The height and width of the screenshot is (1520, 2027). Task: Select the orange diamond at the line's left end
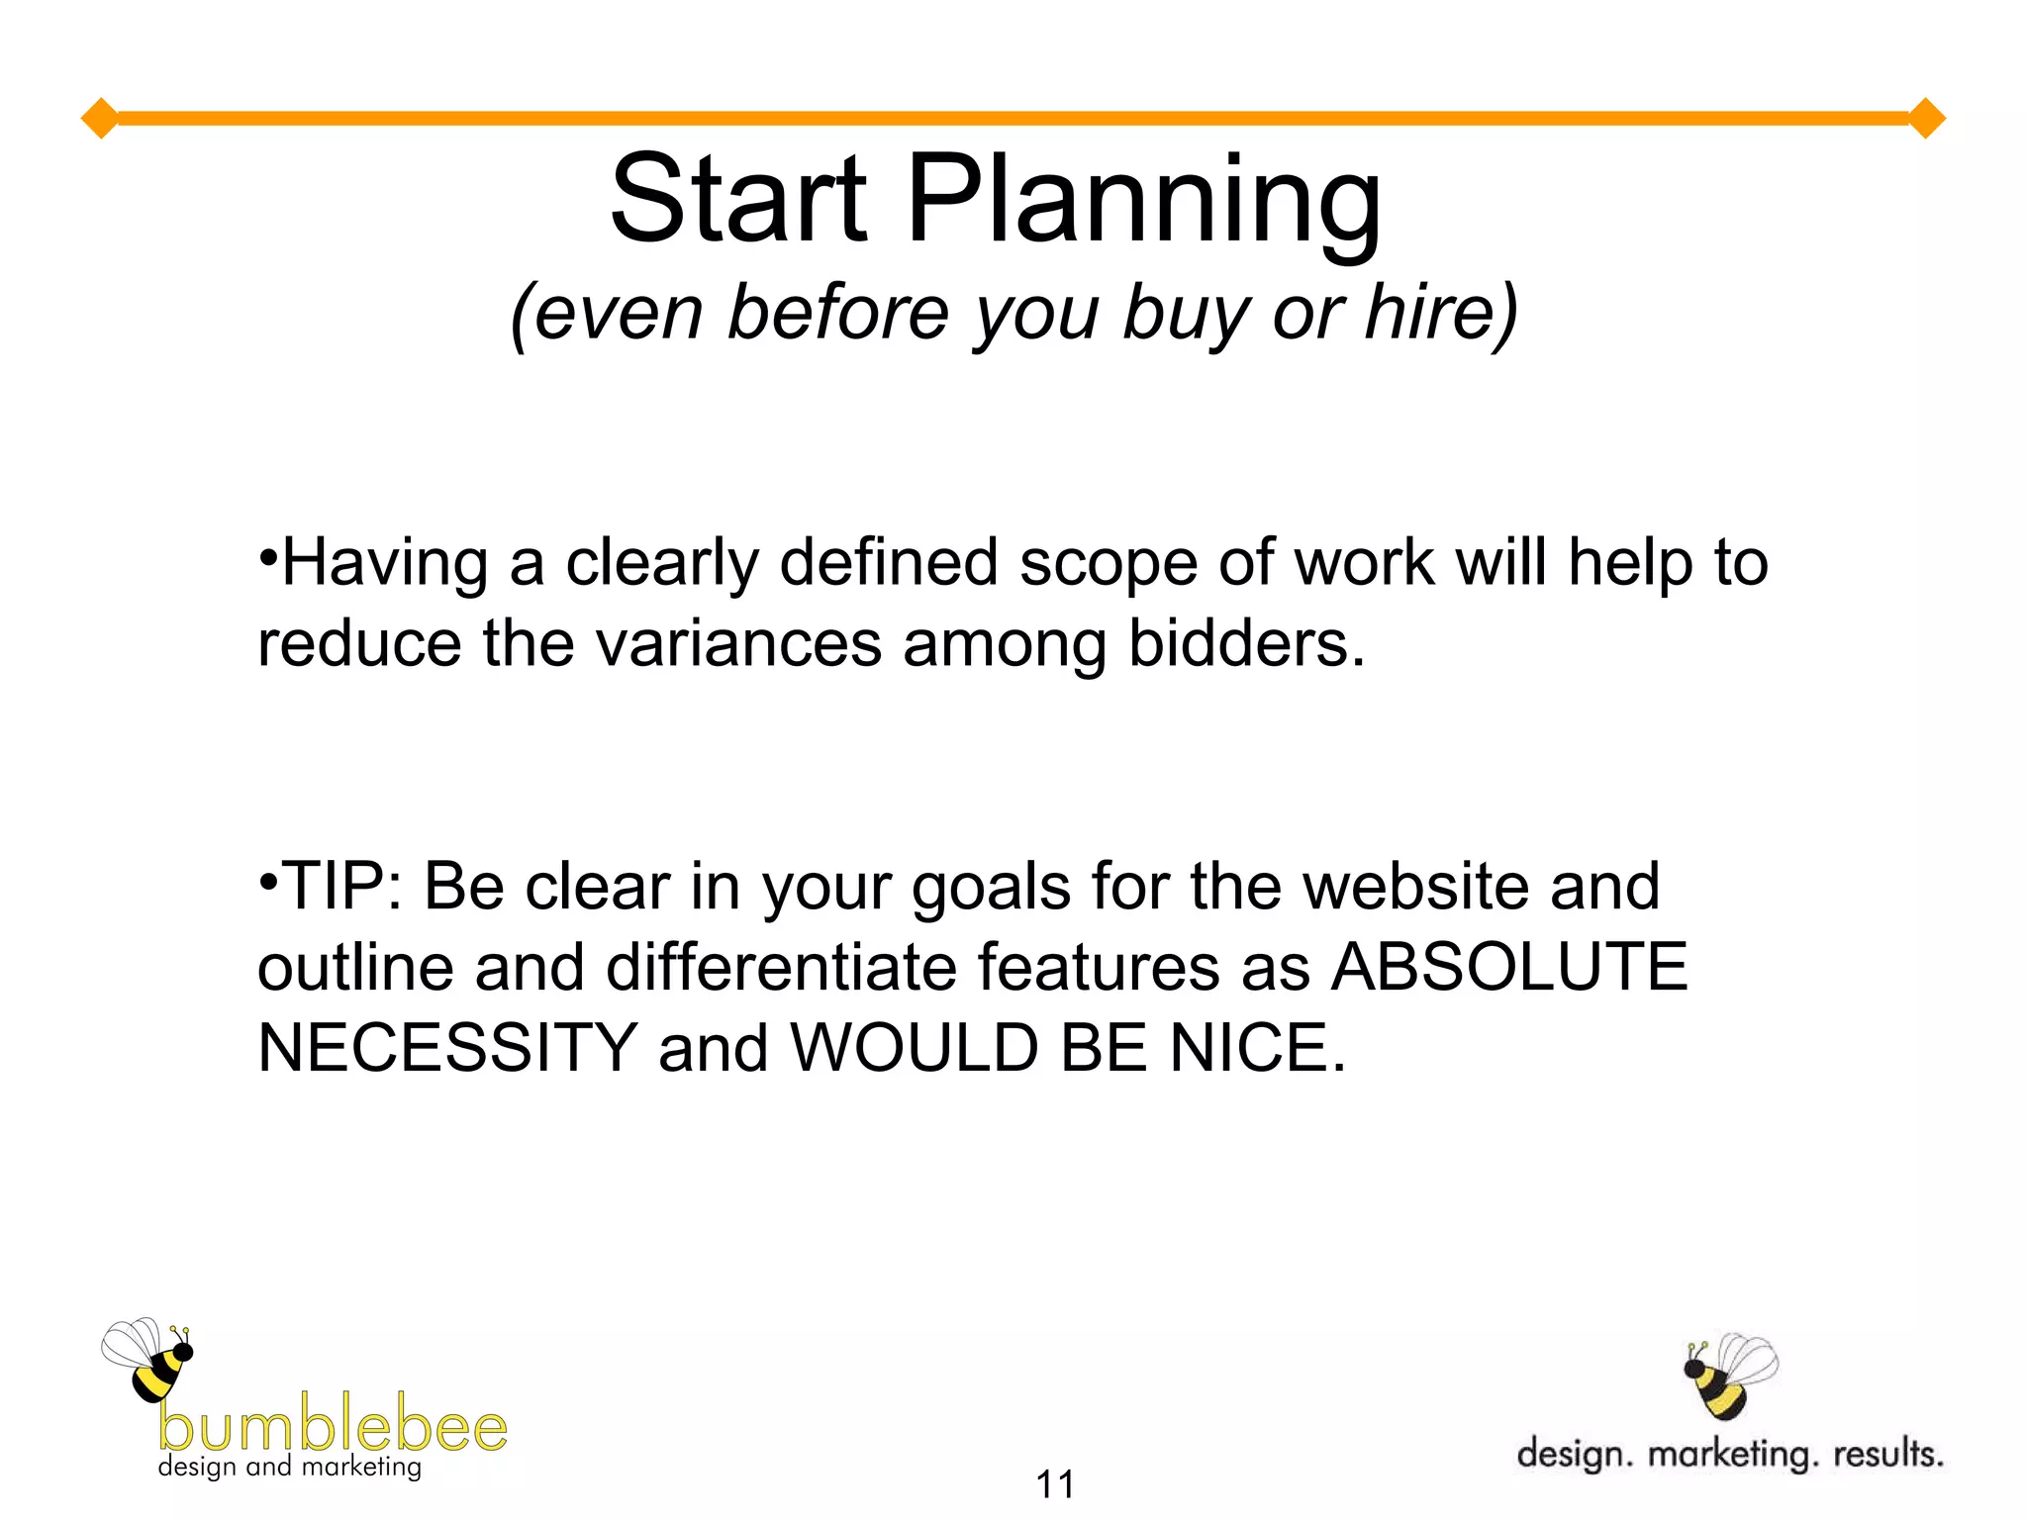click(x=100, y=119)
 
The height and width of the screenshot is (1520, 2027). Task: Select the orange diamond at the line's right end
click(x=1926, y=119)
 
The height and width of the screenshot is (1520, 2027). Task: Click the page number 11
click(x=1055, y=1484)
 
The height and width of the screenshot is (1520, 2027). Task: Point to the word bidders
click(x=1246, y=644)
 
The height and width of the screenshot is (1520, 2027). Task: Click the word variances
click(x=738, y=644)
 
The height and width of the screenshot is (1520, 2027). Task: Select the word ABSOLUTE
click(x=1508, y=967)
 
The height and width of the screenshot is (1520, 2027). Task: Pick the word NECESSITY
click(x=447, y=1048)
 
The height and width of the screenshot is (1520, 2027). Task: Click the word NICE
click(x=1257, y=1048)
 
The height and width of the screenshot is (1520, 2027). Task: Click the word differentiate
click(x=781, y=967)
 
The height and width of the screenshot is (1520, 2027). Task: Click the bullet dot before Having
click(x=267, y=555)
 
